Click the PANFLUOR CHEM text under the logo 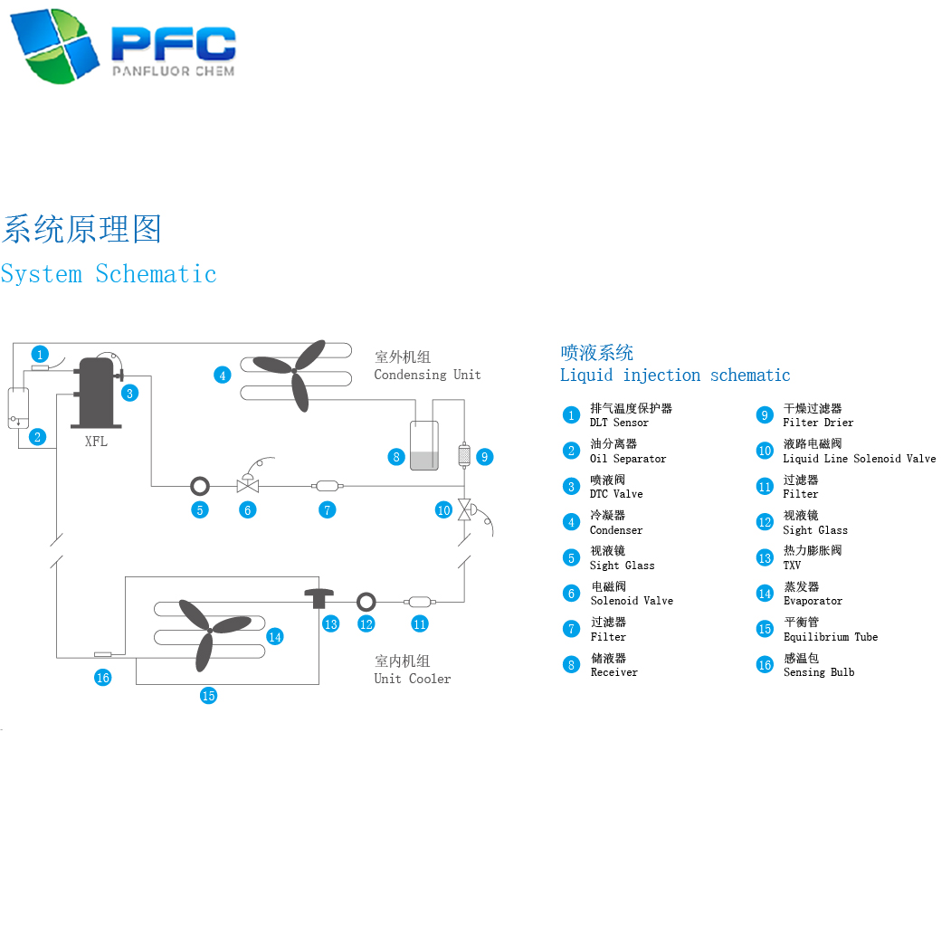(172, 71)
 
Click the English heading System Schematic (109, 274)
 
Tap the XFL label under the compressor (96, 442)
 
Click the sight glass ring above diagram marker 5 (199, 486)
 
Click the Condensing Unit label (427, 375)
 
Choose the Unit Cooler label (412, 679)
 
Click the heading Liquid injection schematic (675, 376)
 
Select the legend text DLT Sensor (619, 423)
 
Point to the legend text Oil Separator (628, 459)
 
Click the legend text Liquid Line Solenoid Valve (859, 459)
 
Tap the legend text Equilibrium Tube (830, 637)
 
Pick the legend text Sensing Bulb (818, 672)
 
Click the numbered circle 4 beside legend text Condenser (571, 522)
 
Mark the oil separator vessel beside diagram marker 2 (18, 408)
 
